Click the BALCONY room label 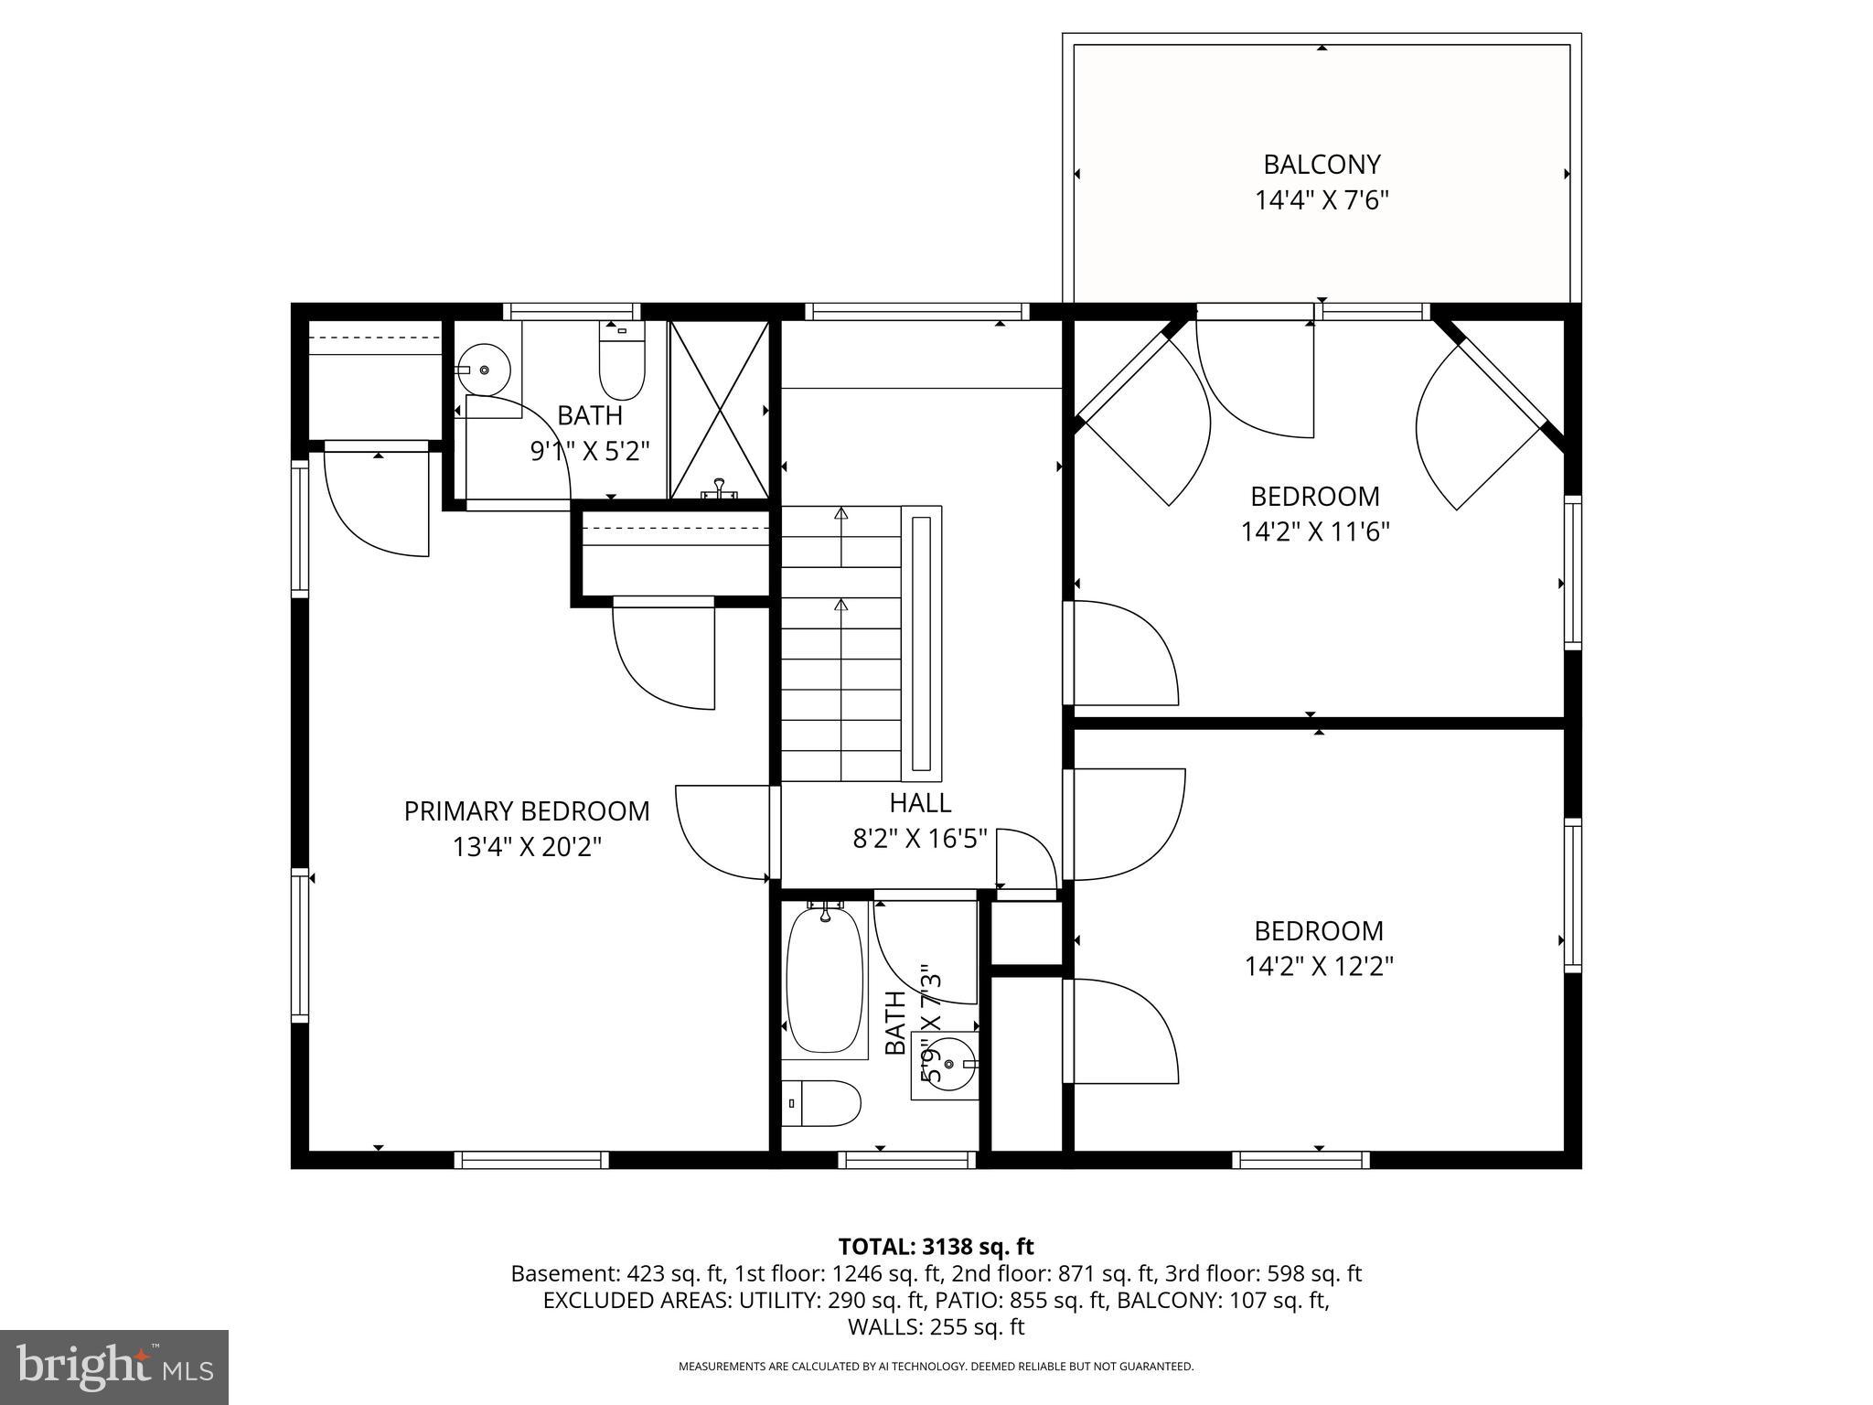pos(1321,165)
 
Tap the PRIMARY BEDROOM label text pos(527,811)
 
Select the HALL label pos(920,803)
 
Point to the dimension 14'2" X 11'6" pos(1315,531)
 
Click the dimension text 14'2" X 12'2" pos(1318,966)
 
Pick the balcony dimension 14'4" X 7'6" pos(1321,200)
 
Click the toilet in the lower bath pos(823,1103)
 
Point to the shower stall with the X pos(719,409)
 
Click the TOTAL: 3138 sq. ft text pos(936,1246)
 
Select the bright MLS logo pos(113,1367)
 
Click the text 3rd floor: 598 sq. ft pos(1263,1273)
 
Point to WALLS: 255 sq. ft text pos(936,1326)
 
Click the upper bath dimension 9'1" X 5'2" pos(590,451)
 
